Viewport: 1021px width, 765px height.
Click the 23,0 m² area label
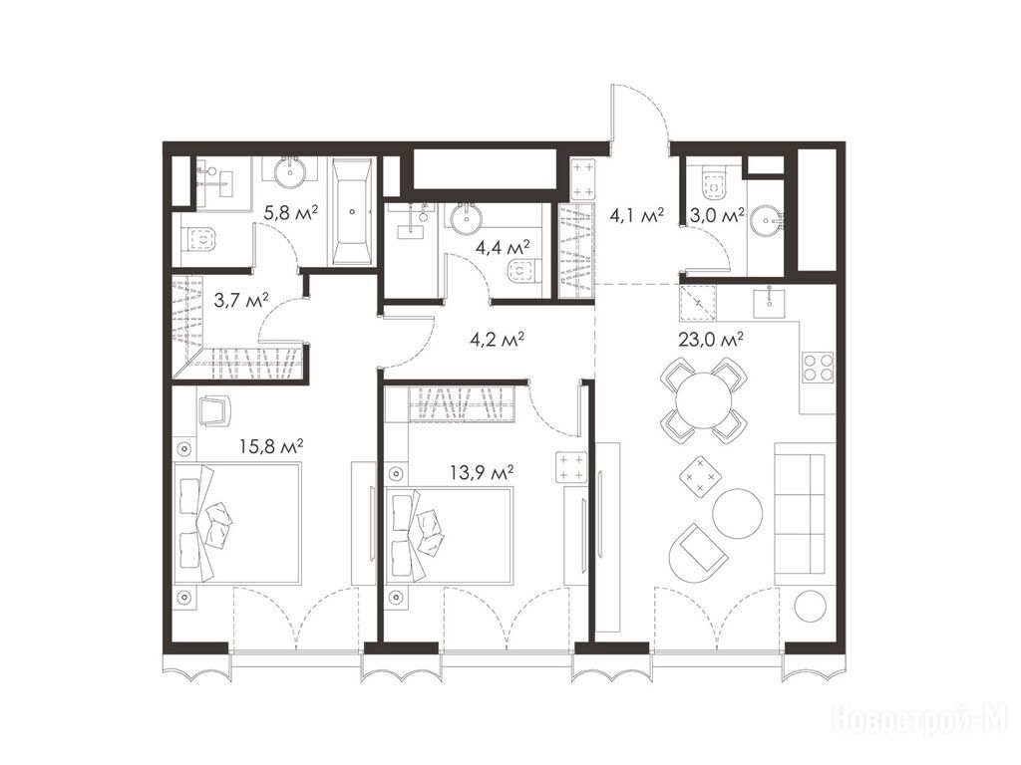(x=711, y=340)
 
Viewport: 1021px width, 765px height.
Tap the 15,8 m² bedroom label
(x=271, y=446)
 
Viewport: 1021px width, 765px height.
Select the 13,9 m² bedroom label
(x=482, y=471)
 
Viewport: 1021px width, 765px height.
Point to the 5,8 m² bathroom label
(x=290, y=212)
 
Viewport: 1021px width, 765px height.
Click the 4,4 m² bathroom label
(x=503, y=247)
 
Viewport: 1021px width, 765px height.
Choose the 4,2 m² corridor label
(x=498, y=340)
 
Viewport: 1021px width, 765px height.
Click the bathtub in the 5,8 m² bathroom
(x=353, y=211)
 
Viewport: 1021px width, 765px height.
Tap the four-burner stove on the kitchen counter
(x=819, y=367)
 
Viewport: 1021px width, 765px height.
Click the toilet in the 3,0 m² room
(x=714, y=184)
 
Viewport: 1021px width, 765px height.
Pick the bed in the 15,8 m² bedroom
(x=237, y=522)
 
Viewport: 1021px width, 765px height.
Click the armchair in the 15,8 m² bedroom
(x=214, y=410)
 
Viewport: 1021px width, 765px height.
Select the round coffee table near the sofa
(x=737, y=512)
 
